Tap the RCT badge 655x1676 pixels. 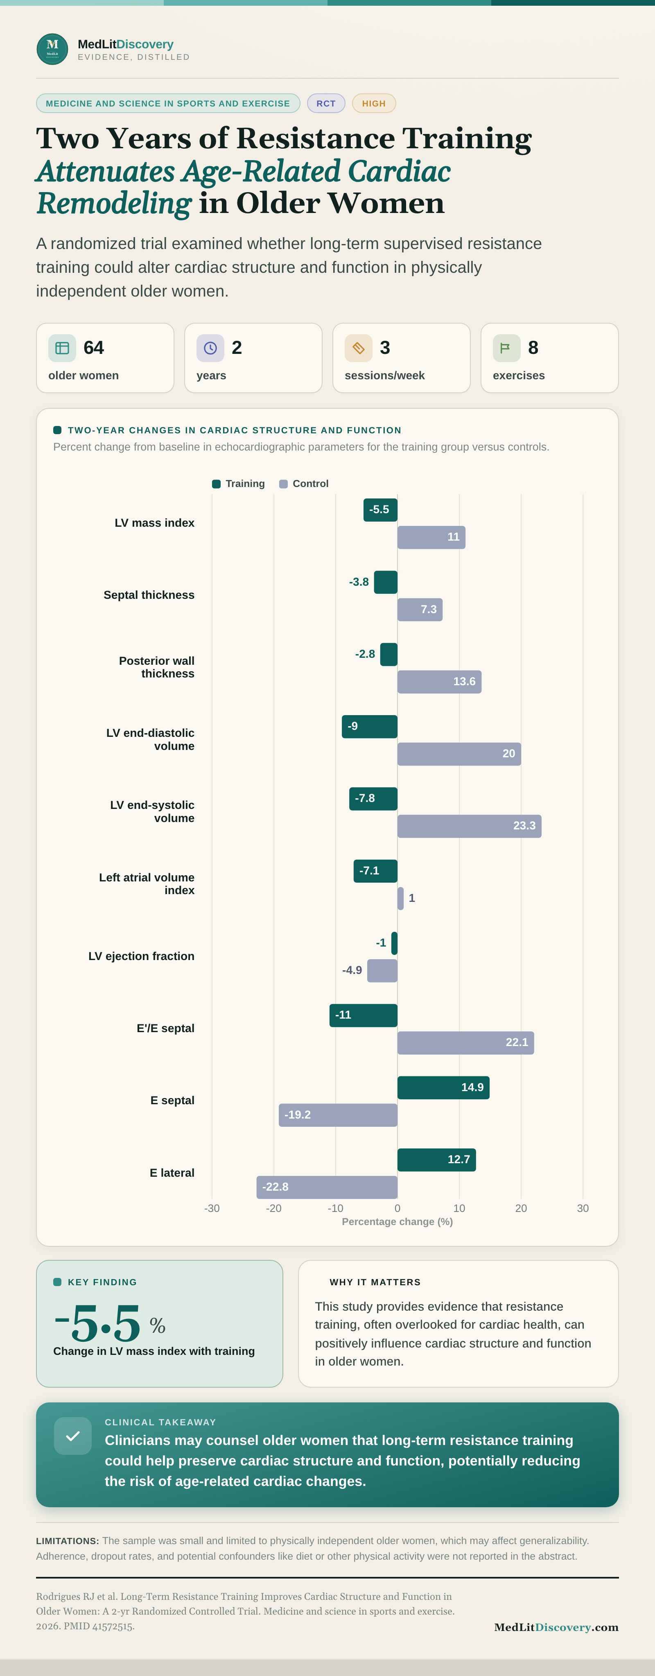pos(326,104)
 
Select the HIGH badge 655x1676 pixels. pos(374,104)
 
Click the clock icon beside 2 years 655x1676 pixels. pos(210,348)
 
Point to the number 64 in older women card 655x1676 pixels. pos(94,348)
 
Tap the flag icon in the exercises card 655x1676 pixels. pos(506,348)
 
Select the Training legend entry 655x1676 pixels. pos(239,483)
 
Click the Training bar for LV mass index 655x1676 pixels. pos(380,510)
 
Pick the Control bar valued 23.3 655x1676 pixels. pos(470,826)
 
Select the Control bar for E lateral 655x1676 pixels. pos(327,1187)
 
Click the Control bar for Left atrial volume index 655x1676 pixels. pos(401,899)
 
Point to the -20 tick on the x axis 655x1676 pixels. pos(274,1208)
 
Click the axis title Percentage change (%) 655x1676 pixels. pos(398,1222)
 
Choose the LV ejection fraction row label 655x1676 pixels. pos(141,956)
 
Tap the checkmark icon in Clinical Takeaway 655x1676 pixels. pos(73,1436)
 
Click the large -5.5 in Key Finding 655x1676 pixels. pos(97,1323)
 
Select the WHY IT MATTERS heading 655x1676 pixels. pos(375,1282)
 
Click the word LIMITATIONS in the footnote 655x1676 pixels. pos(68,1541)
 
